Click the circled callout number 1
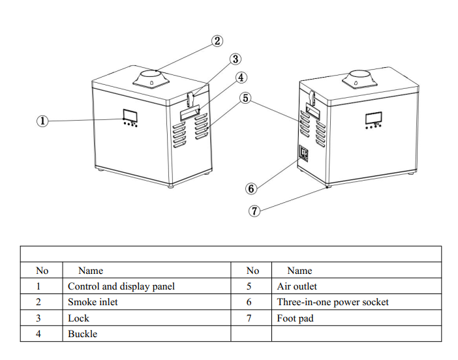tap(42, 121)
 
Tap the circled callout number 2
tap(217, 41)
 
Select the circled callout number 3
tap(236, 59)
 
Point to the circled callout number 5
tap(245, 98)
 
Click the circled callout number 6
tap(251, 188)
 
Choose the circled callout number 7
tap(255, 210)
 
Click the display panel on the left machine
tap(129, 115)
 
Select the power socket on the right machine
tap(304, 155)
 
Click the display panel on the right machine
tap(373, 118)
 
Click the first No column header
tap(42, 271)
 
